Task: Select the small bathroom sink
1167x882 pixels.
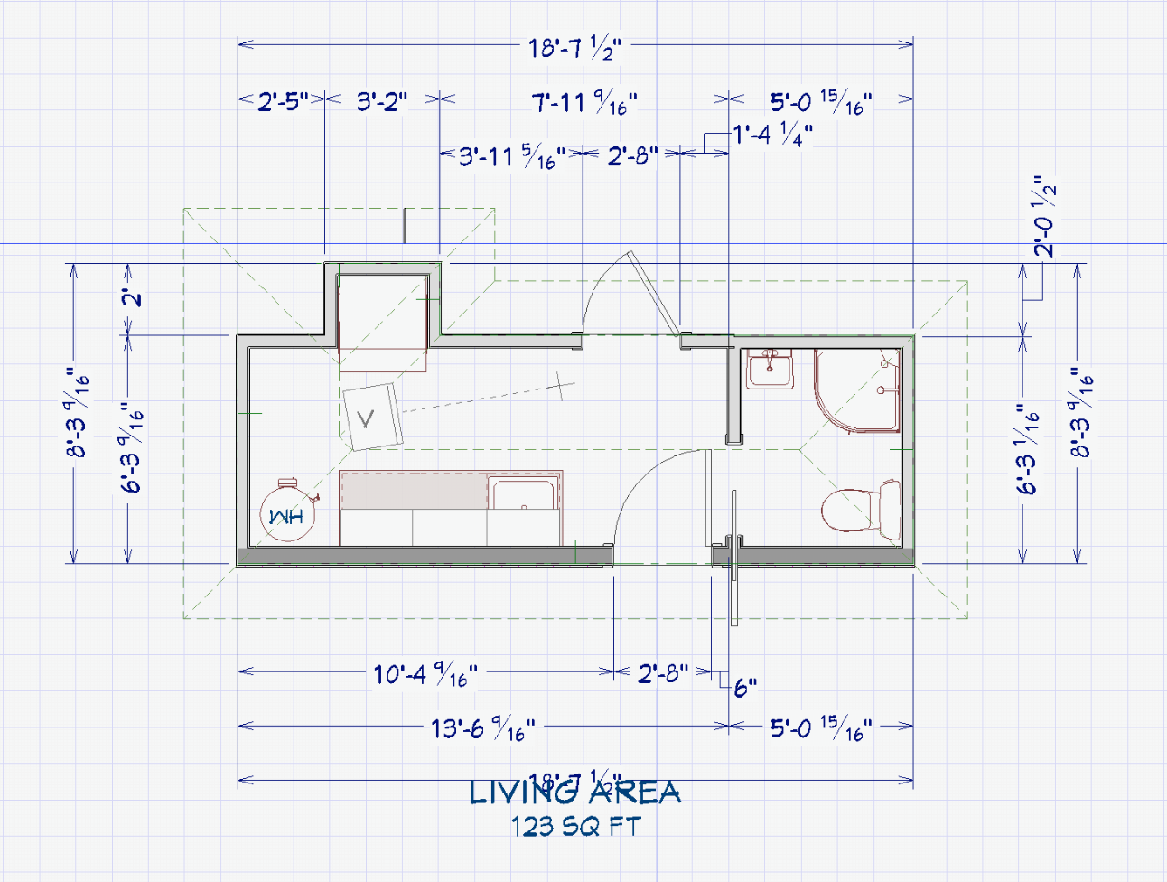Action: [x=770, y=369]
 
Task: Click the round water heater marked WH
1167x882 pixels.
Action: [x=286, y=514]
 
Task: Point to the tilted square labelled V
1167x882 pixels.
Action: [x=370, y=417]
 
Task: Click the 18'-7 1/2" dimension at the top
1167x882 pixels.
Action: [x=574, y=47]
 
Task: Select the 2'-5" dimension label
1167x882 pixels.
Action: [x=283, y=101]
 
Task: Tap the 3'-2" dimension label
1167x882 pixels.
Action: [x=381, y=101]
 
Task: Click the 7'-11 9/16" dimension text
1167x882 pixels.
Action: [x=583, y=102]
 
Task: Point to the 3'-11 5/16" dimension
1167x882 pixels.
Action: [x=511, y=157]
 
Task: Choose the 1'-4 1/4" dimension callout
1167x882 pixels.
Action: [x=772, y=136]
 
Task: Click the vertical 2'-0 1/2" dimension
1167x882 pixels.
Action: [x=1045, y=217]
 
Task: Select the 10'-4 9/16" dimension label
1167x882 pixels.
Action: [x=425, y=674]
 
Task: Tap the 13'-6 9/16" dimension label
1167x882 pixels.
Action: [x=482, y=728]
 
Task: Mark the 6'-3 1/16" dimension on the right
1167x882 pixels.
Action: [x=1028, y=449]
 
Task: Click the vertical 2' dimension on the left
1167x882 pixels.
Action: [x=133, y=296]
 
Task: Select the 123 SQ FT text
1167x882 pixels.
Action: [x=575, y=826]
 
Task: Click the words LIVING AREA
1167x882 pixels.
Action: [x=574, y=793]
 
